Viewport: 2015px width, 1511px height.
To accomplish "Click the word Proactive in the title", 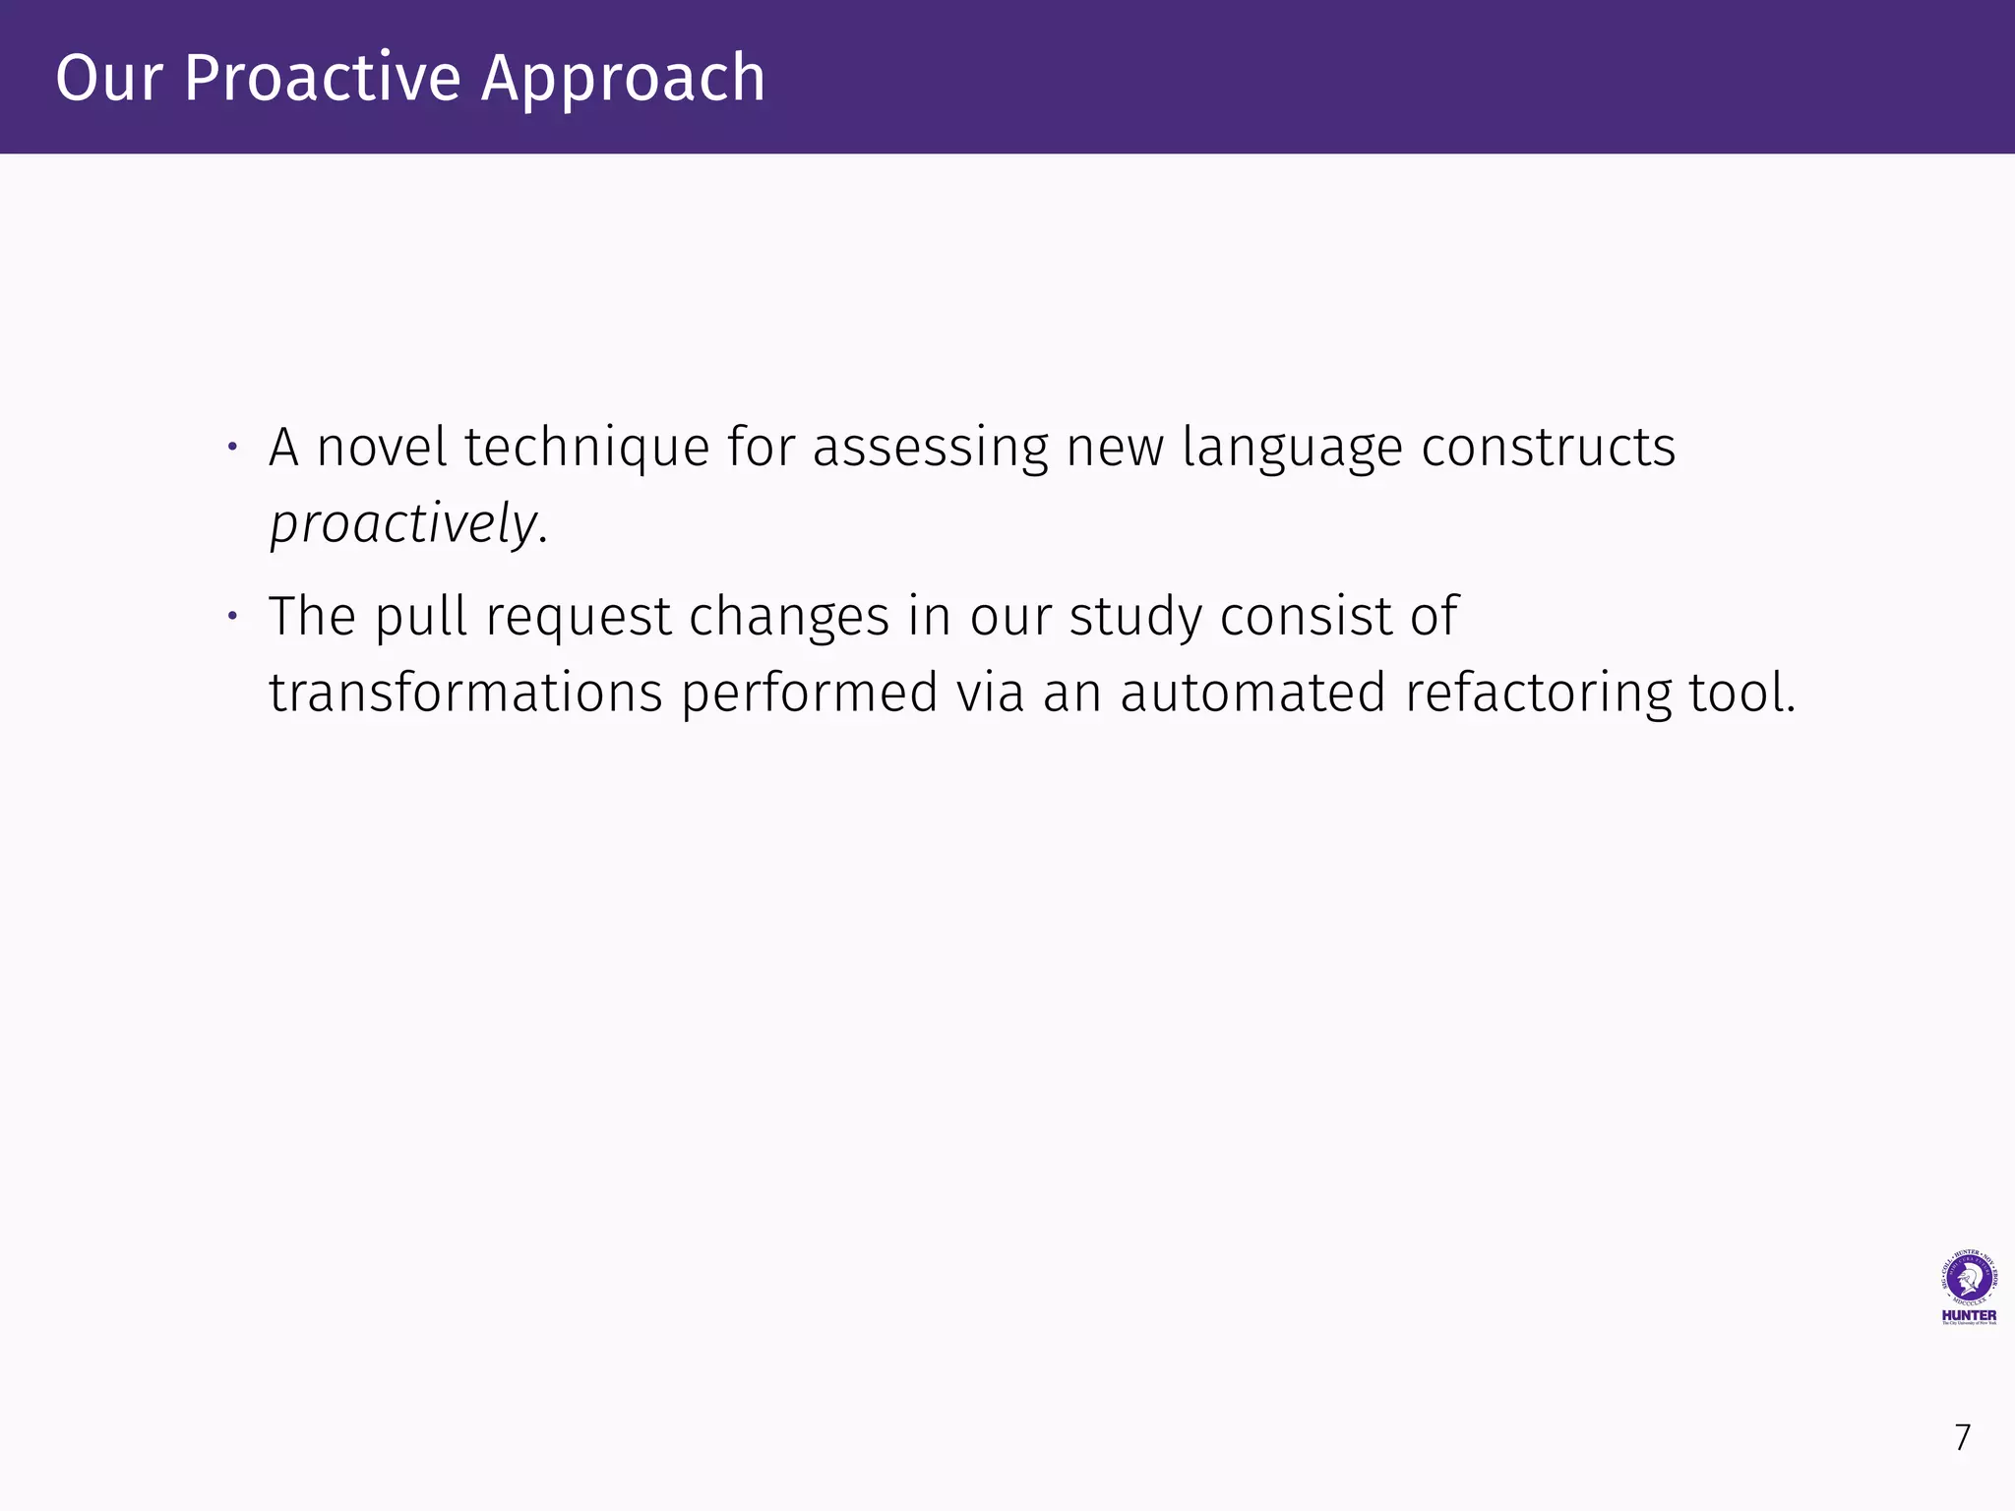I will click(x=322, y=78).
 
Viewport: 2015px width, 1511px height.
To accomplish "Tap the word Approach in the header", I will click(x=623, y=80).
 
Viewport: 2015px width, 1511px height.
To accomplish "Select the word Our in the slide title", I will click(x=107, y=78).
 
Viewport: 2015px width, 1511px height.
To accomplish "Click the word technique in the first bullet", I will click(x=586, y=449).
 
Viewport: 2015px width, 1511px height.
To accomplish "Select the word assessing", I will click(x=931, y=449).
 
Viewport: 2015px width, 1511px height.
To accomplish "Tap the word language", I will click(x=1293, y=449).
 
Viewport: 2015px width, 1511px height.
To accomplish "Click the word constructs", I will click(x=1549, y=447).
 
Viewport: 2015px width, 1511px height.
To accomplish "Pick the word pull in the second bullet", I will click(x=421, y=618).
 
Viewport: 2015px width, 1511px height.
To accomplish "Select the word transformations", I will click(x=465, y=693).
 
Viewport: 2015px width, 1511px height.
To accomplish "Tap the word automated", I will click(x=1253, y=693).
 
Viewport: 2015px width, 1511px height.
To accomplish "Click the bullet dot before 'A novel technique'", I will click(x=232, y=448).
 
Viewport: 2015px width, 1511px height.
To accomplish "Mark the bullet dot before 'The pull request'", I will click(x=232, y=618).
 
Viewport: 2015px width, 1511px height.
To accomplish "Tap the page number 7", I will click(x=1963, y=1437).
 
